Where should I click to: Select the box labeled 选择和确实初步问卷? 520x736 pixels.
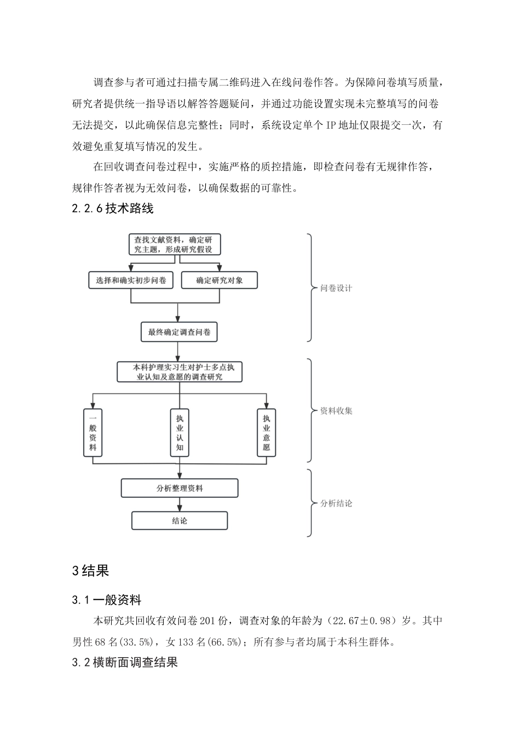[130, 280]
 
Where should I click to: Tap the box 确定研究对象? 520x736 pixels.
[219, 280]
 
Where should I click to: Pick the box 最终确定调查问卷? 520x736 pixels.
[179, 332]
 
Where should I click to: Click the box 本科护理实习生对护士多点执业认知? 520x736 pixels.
[179, 372]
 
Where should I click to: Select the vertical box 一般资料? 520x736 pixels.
[93, 433]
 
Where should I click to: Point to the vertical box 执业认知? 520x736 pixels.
[180, 433]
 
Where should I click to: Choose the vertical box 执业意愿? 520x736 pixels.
[266, 433]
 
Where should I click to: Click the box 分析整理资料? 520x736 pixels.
[179, 488]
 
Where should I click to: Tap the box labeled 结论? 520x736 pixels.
[179, 521]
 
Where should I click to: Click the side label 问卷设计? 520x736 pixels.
[336, 288]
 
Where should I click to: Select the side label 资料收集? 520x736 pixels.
[336, 411]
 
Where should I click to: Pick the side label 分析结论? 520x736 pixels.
[336, 503]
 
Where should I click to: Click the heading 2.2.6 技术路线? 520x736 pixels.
[113, 209]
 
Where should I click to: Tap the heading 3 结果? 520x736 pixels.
[91, 571]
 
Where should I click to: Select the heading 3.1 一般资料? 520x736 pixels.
[107, 600]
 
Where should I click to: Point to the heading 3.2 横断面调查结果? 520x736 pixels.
[125, 662]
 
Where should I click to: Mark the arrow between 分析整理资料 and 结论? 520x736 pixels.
[179, 504]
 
